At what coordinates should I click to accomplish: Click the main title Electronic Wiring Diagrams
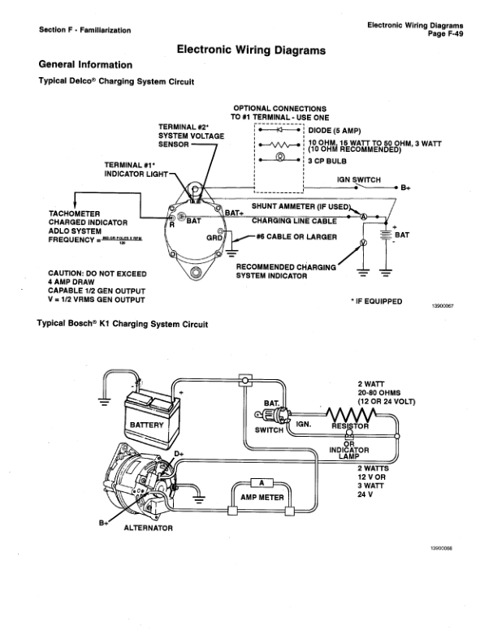(x=251, y=50)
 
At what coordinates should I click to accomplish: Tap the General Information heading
(x=85, y=64)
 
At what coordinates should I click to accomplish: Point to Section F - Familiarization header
(x=84, y=30)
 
